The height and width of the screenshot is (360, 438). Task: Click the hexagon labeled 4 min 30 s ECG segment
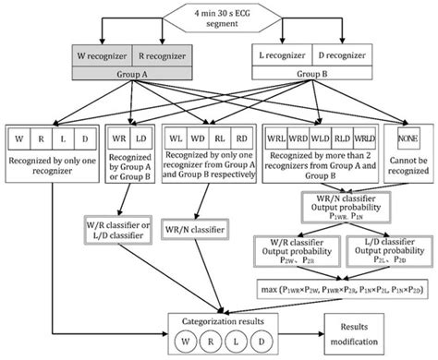(x=218, y=16)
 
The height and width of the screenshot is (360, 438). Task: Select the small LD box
(x=142, y=138)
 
